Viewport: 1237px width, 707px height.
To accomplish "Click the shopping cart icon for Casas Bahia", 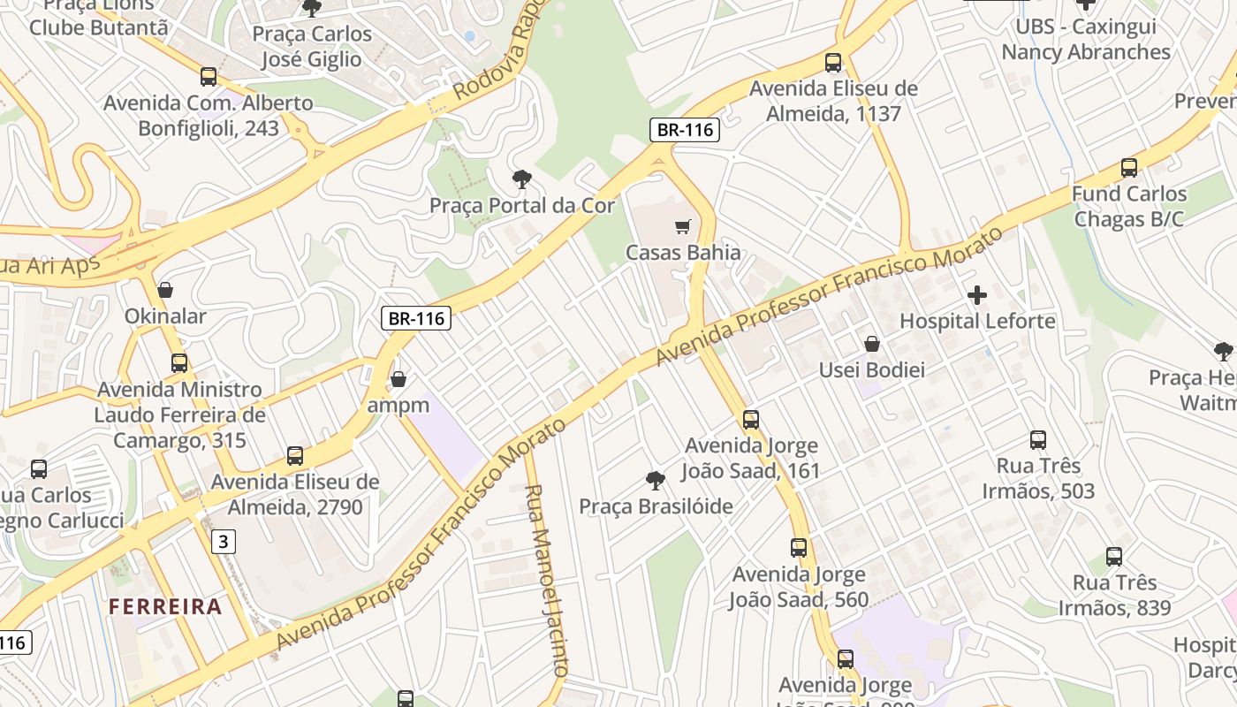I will [x=681, y=227].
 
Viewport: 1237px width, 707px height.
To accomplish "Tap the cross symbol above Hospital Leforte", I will [x=977, y=295].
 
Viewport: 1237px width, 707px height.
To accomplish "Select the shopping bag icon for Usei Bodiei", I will [x=872, y=344].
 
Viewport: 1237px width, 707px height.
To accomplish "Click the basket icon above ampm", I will [x=398, y=379].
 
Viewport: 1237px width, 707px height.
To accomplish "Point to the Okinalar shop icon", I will [x=165, y=290].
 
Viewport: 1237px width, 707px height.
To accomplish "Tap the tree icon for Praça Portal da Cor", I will [x=522, y=179].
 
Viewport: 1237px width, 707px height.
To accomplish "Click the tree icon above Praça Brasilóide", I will [x=655, y=481].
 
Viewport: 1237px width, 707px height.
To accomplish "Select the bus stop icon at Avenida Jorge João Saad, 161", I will [x=750, y=420].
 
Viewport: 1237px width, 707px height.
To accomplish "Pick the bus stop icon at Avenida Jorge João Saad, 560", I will [x=799, y=548].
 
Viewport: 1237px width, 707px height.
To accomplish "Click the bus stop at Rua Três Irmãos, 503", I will [x=1038, y=440].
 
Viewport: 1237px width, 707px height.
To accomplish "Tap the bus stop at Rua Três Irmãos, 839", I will [x=1114, y=557].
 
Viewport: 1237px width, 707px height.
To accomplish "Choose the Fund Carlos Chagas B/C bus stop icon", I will [x=1128, y=168].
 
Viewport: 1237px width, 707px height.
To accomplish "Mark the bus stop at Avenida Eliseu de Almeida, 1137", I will [x=833, y=63].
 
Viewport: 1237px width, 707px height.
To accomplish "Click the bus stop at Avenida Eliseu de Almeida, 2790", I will [x=295, y=456].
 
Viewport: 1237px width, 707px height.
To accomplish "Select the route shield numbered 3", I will [x=224, y=542].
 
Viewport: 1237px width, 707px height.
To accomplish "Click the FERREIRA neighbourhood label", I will [x=165, y=607].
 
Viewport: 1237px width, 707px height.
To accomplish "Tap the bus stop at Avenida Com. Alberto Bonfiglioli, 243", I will [x=209, y=77].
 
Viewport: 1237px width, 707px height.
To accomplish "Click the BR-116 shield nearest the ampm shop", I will [x=416, y=318].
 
